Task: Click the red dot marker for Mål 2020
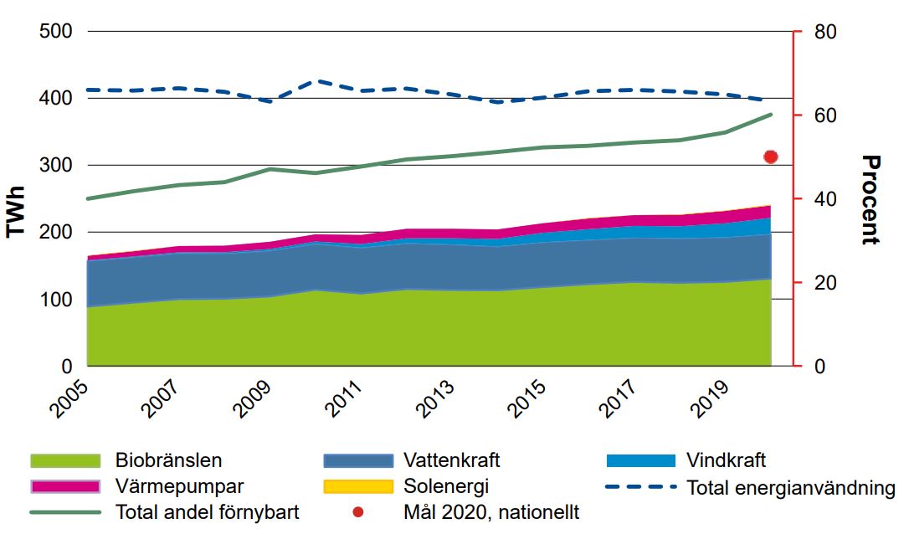point(771,157)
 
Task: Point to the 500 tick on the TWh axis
point(57,32)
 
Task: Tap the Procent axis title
point(870,199)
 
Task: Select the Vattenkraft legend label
point(451,460)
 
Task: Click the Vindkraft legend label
point(726,460)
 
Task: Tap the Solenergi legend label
point(445,486)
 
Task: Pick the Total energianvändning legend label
point(791,488)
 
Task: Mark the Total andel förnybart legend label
point(208,511)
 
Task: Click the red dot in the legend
point(357,511)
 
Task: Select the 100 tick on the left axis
point(57,300)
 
